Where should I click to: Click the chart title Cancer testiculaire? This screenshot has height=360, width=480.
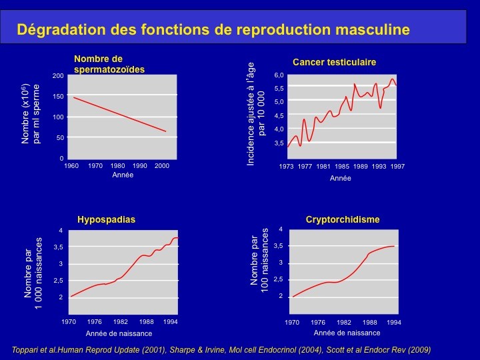(x=334, y=62)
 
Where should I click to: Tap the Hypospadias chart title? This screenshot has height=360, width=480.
(x=106, y=219)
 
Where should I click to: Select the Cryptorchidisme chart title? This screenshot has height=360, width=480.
(x=343, y=219)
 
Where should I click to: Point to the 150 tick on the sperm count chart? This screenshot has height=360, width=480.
(x=58, y=96)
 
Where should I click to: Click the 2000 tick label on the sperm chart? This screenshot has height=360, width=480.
(x=162, y=165)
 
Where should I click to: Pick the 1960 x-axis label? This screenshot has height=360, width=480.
(x=71, y=165)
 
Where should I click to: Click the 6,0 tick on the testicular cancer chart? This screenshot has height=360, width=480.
(x=279, y=75)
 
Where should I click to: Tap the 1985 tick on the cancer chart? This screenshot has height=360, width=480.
(x=342, y=166)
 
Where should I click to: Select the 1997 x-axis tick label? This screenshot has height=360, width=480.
(x=397, y=166)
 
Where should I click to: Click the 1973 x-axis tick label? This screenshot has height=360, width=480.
(x=286, y=166)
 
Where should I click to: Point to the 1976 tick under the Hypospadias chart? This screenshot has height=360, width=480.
(x=95, y=322)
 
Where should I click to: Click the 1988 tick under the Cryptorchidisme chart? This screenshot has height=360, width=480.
(x=370, y=323)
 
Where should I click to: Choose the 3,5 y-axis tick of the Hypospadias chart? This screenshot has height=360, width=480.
(x=59, y=247)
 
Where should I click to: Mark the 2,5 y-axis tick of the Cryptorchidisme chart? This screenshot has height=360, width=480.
(x=279, y=279)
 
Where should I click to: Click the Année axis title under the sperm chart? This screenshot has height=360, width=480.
(x=123, y=175)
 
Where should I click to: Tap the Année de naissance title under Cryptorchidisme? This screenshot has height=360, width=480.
(x=347, y=333)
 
